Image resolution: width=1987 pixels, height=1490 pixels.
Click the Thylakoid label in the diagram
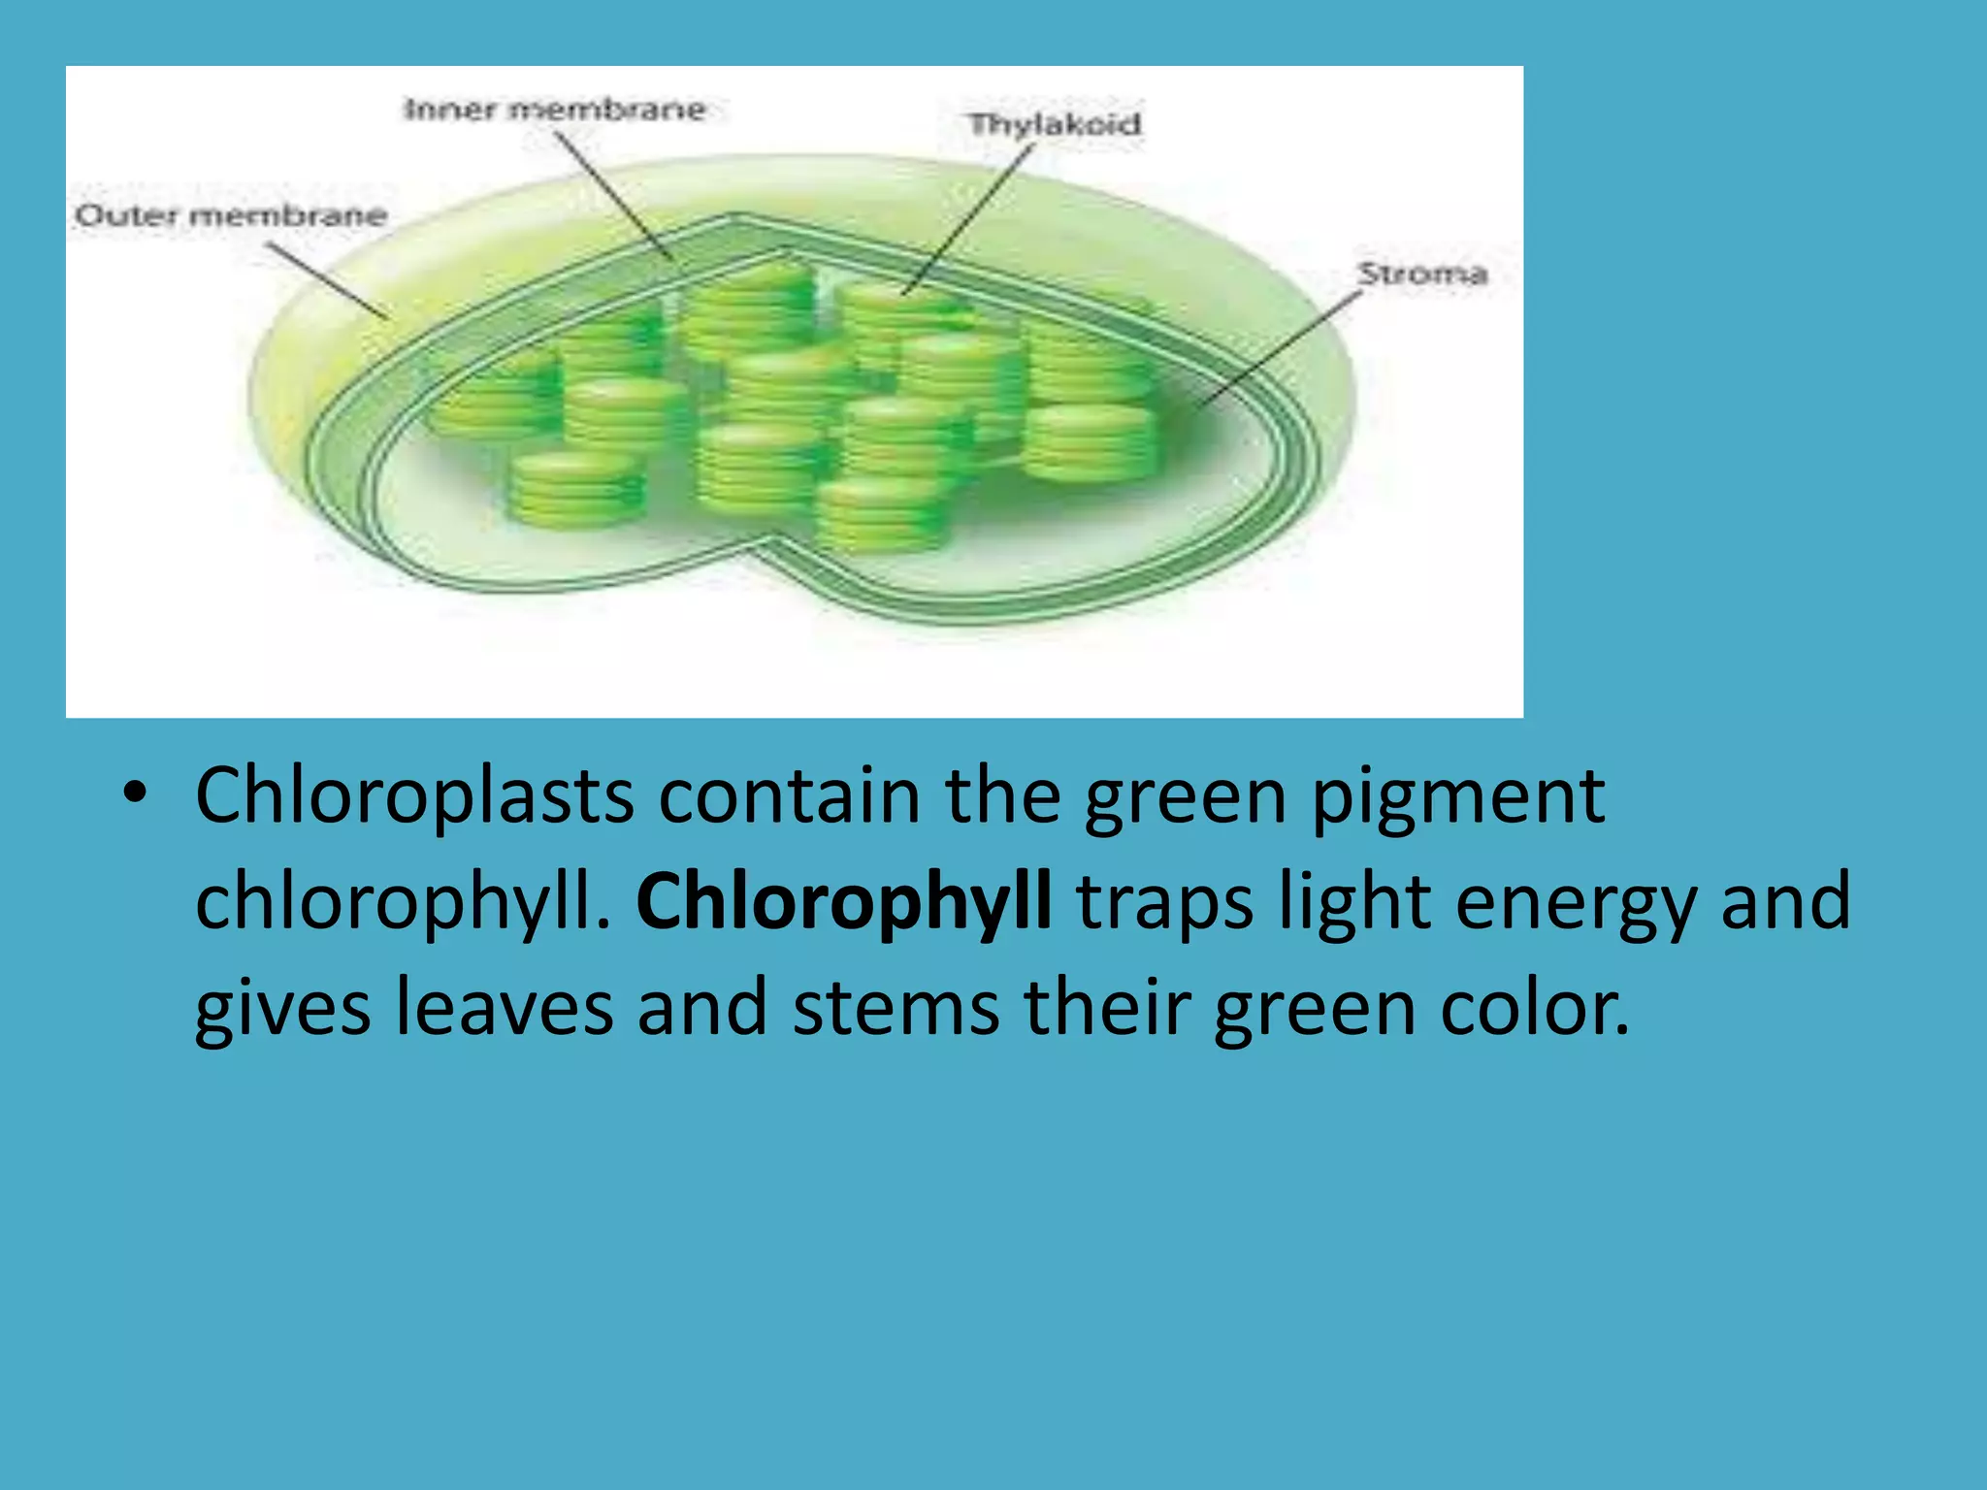coord(1054,124)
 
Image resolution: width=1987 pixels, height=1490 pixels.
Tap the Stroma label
coord(1421,274)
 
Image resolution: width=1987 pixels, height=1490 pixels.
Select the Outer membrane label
coord(231,215)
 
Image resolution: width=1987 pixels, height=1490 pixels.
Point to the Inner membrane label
coord(554,109)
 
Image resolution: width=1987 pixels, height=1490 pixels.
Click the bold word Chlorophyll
coord(843,900)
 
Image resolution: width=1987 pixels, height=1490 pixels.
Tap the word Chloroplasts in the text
coord(414,795)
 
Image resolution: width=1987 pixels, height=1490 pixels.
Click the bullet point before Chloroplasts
coord(135,794)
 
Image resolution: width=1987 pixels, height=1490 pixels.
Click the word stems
coord(896,1007)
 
